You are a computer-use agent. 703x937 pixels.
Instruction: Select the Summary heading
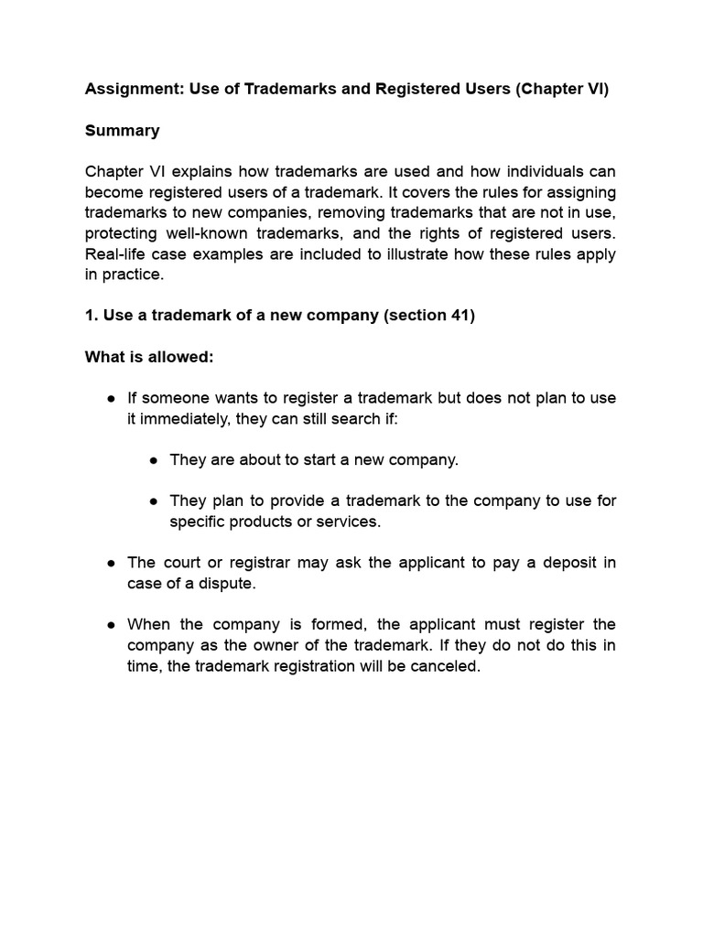coord(122,131)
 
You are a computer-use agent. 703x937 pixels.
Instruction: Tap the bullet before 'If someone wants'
coord(111,398)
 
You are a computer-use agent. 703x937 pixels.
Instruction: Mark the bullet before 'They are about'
coord(154,459)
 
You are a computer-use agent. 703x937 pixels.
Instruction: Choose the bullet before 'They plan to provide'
coord(154,501)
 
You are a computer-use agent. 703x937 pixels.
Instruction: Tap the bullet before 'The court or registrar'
coord(111,563)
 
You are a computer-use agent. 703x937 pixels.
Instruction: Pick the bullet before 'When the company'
coord(111,624)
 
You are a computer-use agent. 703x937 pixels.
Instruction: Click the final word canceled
coord(446,666)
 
